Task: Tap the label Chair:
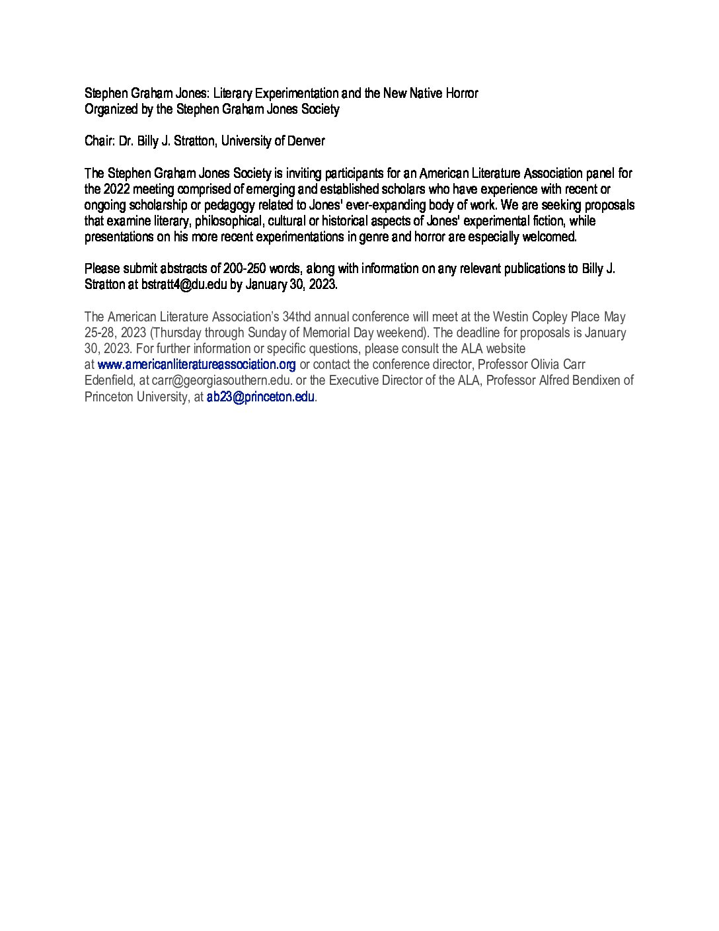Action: (x=100, y=141)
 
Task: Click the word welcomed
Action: (x=551, y=237)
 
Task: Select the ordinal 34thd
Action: (x=296, y=317)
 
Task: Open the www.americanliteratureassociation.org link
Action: (x=196, y=364)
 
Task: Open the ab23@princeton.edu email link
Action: (x=260, y=397)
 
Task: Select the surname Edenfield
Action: (x=110, y=380)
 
